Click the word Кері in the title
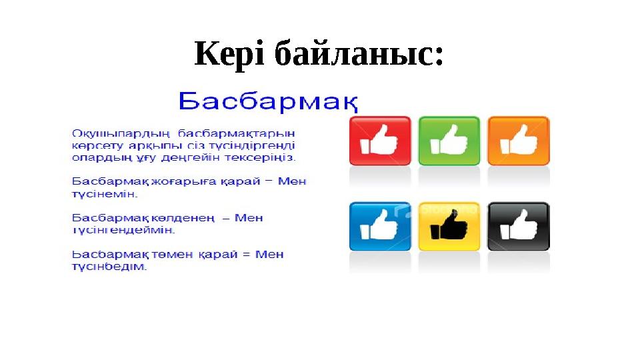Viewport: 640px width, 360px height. coord(229,54)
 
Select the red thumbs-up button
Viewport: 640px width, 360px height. coord(380,141)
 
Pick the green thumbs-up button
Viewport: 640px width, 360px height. coord(449,141)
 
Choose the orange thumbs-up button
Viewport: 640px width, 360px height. coord(518,141)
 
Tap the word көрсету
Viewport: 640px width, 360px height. coord(93,146)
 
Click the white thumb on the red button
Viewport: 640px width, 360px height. coord(379,141)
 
